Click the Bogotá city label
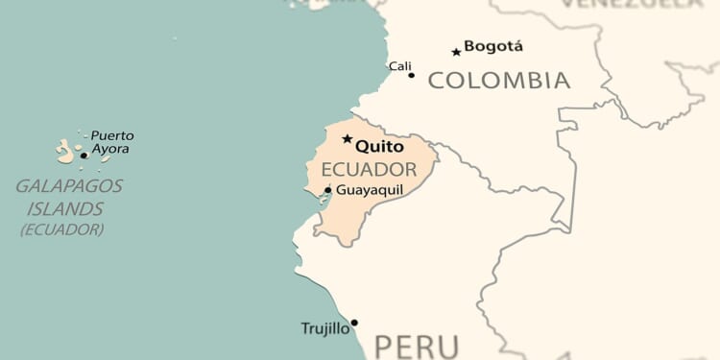[x=493, y=46]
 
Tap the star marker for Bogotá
[x=456, y=52]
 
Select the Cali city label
[x=399, y=66]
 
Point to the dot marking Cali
[x=412, y=75]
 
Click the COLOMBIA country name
[x=498, y=81]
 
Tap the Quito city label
[x=379, y=147]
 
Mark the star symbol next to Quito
[x=348, y=139]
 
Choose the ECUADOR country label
[x=362, y=170]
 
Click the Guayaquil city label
[x=370, y=190]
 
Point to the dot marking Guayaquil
[x=328, y=190]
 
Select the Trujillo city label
[x=325, y=328]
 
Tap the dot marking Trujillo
[x=354, y=323]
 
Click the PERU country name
[x=417, y=347]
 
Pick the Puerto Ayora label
[x=111, y=142]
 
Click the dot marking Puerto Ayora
[x=84, y=155]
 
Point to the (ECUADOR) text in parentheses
[x=61, y=229]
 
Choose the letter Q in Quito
[x=363, y=147]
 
